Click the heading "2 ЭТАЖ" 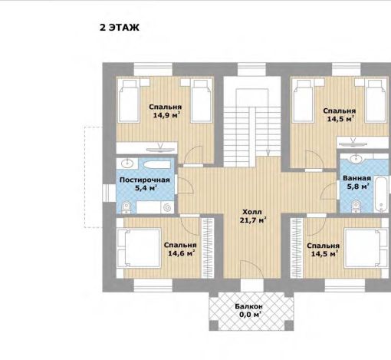120,28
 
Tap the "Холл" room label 252,212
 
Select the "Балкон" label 248,306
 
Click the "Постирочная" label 145,180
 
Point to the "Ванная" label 356,178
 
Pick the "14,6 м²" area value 182,253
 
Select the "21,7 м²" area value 253,220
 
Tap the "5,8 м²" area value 358,187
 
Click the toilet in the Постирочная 126,207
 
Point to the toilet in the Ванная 356,206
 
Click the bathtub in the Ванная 381,193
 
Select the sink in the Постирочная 127,163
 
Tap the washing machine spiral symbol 167,207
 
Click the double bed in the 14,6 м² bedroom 139,248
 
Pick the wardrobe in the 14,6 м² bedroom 208,248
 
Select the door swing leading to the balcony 252,270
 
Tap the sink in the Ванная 355,159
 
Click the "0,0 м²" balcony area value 250,314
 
